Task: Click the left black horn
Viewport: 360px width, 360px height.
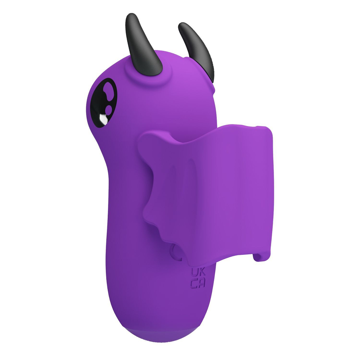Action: point(142,47)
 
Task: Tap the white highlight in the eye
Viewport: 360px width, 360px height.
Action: point(104,118)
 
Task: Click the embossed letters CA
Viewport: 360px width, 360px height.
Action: point(197,284)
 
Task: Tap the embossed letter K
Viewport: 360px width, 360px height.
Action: point(201,272)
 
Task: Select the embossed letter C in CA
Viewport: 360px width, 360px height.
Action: point(194,284)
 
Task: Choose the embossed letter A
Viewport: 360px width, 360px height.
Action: point(201,284)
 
